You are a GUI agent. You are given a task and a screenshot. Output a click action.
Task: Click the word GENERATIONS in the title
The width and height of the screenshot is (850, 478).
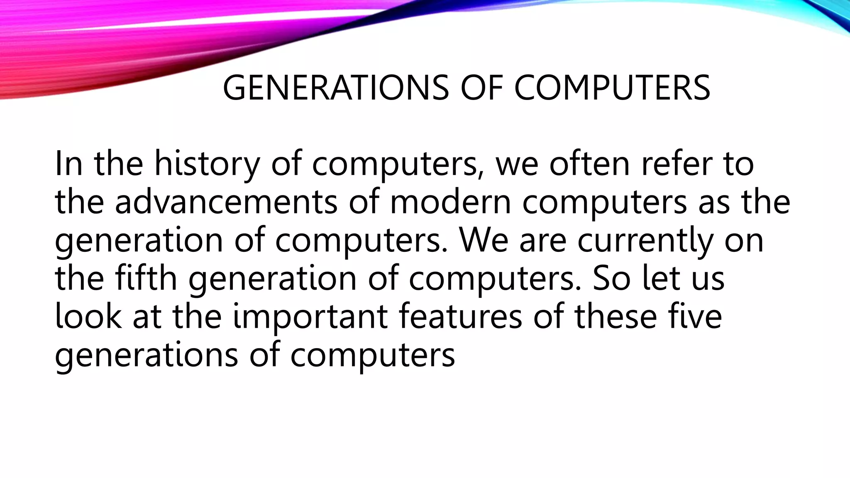335,88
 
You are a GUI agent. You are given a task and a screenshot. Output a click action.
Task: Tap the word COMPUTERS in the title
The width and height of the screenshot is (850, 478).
612,88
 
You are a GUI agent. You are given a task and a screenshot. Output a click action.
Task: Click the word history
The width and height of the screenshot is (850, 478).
207,164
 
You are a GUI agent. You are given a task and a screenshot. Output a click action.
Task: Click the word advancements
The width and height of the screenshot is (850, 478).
226,202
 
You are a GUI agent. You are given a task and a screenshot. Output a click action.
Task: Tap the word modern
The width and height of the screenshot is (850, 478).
450,202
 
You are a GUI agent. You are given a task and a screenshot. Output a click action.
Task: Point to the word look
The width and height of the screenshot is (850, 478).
88,316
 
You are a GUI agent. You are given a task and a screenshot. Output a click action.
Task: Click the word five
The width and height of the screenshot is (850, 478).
695,316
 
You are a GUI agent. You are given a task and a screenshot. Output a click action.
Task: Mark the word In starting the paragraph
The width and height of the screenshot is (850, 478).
68,164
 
